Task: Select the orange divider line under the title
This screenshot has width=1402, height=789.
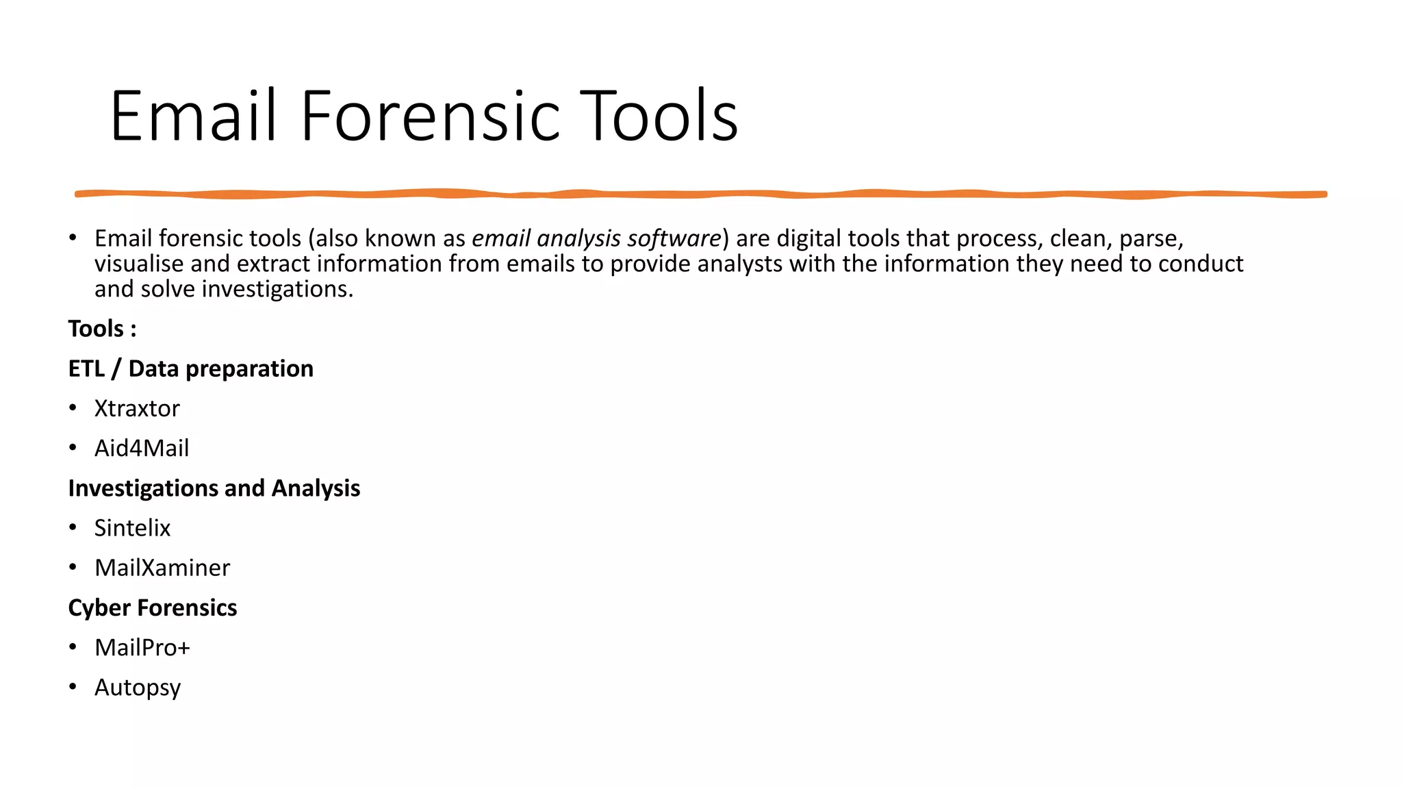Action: [701, 195]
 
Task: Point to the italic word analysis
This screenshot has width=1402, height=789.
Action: [578, 238]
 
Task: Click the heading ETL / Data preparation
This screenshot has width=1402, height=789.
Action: [191, 368]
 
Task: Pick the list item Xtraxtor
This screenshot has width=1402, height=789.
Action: [137, 408]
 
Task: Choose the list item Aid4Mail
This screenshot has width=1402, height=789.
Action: [142, 448]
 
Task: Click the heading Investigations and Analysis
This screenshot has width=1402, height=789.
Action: [214, 488]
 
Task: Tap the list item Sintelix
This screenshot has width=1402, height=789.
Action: [132, 528]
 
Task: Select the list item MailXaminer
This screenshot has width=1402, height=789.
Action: [162, 568]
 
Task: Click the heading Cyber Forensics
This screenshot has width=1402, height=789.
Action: [153, 608]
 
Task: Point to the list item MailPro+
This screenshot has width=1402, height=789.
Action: [142, 647]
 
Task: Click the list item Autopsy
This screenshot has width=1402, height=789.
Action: [138, 688]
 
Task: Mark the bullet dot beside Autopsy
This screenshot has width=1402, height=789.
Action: [73, 686]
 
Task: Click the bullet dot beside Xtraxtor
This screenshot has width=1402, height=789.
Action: [73, 408]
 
